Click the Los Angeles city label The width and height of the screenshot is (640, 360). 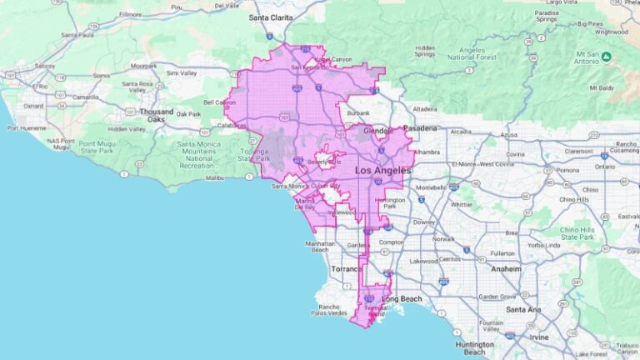382,170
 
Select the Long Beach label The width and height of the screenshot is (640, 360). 401,299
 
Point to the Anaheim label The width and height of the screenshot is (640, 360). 505,269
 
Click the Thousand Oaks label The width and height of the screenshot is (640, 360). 157,115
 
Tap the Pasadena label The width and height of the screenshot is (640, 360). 419,128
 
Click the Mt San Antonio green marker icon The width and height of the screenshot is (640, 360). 607,57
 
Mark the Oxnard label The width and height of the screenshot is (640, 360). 34,106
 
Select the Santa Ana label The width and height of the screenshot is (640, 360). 522,309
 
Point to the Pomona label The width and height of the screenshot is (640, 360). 569,170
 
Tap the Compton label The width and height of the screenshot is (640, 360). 390,242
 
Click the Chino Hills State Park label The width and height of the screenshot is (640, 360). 579,232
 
